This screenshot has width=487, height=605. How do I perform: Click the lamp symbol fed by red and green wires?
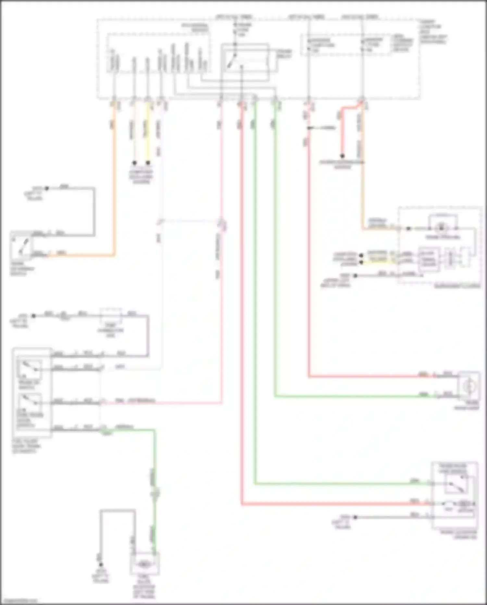(x=469, y=386)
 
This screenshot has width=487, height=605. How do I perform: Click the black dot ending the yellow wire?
(x=148, y=163)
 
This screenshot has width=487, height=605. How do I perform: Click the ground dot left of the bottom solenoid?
(x=101, y=565)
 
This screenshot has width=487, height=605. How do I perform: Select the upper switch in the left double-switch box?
(x=30, y=368)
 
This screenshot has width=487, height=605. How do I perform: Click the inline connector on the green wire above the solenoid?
(x=155, y=493)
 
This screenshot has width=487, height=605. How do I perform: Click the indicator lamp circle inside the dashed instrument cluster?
(x=441, y=228)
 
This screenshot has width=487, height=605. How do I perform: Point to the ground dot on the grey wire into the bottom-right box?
(x=355, y=517)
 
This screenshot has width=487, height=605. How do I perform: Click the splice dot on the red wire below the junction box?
(x=309, y=128)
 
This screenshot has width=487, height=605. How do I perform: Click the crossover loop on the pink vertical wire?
(x=223, y=225)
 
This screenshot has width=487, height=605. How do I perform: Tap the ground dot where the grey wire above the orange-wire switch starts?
(x=46, y=188)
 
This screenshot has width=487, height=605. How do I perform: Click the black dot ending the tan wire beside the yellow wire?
(x=134, y=163)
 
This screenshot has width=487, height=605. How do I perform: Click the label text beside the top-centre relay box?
(x=284, y=54)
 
